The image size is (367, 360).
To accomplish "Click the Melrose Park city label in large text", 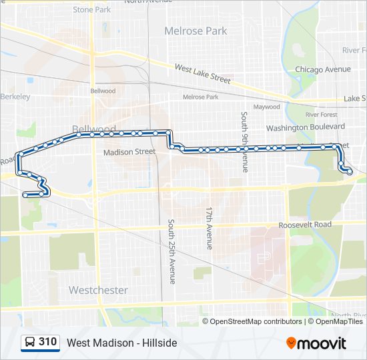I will [x=196, y=31].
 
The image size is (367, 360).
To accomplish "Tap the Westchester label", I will [x=98, y=290].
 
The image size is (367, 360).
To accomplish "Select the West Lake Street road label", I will [x=202, y=73].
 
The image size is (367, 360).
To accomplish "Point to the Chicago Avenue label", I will [x=323, y=69].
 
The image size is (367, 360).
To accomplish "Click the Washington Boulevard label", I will [x=306, y=127].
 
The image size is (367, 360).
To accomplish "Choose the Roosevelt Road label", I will [x=305, y=225].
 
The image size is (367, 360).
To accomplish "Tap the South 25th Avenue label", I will [x=171, y=251].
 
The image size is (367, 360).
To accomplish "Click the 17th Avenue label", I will [x=209, y=228].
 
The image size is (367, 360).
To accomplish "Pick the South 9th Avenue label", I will [x=245, y=142].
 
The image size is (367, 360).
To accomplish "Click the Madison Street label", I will [x=129, y=152].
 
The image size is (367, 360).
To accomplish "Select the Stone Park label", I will [x=92, y=10].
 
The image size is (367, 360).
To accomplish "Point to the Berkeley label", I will [x=16, y=97].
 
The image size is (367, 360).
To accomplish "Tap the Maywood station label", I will [x=266, y=107].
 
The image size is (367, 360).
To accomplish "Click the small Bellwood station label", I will [x=103, y=91].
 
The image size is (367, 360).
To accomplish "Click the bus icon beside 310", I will [x=30, y=342].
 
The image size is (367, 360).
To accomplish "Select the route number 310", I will [x=47, y=342].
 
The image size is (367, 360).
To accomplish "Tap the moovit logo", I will [x=316, y=343].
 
